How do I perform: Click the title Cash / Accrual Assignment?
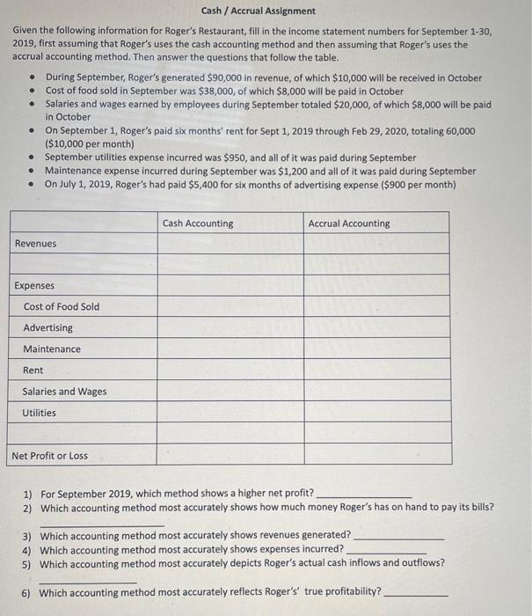click(x=258, y=11)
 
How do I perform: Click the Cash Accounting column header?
click(x=198, y=224)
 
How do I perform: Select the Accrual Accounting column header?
click(x=348, y=224)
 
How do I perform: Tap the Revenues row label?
click(x=35, y=244)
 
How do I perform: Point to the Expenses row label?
click(x=34, y=286)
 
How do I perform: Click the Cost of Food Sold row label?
click(x=62, y=307)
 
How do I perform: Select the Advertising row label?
click(x=48, y=328)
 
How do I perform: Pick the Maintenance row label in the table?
click(x=52, y=349)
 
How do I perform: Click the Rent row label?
click(x=33, y=370)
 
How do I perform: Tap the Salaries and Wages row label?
click(x=65, y=392)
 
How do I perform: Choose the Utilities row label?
click(x=40, y=413)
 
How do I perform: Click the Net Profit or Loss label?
click(x=50, y=456)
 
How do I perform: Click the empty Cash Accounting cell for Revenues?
click(x=230, y=244)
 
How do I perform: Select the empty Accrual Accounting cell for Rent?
click(x=377, y=370)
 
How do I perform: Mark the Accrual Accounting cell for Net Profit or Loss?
click(x=377, y=455)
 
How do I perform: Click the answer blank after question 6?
click(x=416, y=592)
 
